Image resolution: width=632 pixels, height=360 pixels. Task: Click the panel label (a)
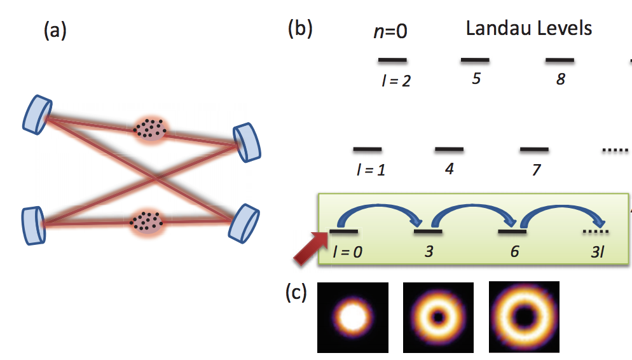(55, 31)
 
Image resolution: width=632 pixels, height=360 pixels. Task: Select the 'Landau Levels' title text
(529, 29)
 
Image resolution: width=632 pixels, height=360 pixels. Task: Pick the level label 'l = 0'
(347, 251)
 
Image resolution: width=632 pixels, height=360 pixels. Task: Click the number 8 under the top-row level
(560, 80)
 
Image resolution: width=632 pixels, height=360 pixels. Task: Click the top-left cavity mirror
(38, 114)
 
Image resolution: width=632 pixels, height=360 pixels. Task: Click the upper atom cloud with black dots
(150, 127)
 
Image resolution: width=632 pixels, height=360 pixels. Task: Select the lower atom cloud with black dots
(147, 221)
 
